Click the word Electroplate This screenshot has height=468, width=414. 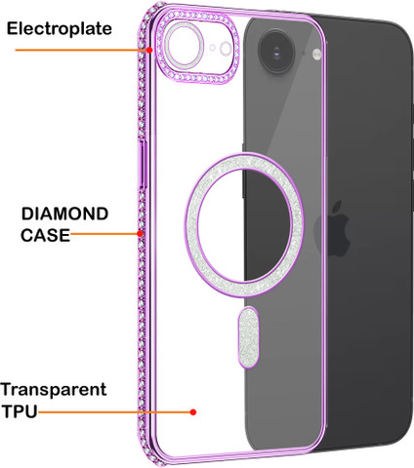point(60,28)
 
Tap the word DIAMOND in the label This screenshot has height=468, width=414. point(64,214)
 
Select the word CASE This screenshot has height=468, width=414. point(46,235)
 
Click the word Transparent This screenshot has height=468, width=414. point(54,390)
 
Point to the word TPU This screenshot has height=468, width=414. point(20,411)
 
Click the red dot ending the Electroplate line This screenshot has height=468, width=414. point(149,50)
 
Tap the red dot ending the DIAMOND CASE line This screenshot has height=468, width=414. point(140,233)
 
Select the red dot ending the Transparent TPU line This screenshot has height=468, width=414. point(193,412)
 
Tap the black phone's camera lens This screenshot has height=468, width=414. point(277,51)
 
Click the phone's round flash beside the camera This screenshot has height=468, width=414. point(316,55)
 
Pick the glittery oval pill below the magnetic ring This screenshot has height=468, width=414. point(249,337)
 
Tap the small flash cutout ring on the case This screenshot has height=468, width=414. point(226,49)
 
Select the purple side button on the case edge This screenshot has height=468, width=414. point(143,163)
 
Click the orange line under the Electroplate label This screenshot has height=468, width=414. point(81,50)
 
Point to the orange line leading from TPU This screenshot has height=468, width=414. point(114,412)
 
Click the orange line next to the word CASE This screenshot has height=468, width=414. point(103,233)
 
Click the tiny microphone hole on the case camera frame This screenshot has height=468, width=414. point(213,48)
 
